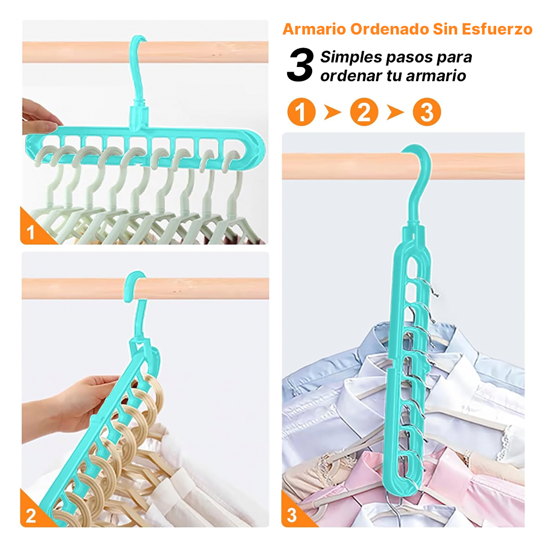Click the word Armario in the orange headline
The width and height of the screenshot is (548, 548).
pos(314,29)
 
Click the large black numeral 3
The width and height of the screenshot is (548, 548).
pos(300,65)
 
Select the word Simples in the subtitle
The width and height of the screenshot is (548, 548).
pos(351,57)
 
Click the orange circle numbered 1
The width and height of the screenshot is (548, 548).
pos(301,112)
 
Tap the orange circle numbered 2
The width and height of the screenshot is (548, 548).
pos(364,112)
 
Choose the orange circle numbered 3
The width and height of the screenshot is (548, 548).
pos(427,112)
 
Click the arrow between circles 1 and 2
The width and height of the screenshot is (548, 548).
pos(332,112)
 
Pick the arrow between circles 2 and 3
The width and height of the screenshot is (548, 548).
pos(395,112)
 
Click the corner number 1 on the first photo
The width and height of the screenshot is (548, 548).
pos(31,232)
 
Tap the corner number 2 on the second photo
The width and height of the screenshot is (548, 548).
pos(31,516)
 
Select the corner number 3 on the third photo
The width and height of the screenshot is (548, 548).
pos(291,515)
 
